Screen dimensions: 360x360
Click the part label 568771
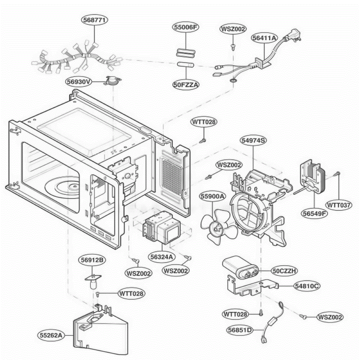[x=94, y=20]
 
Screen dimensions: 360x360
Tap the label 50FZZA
[x=186, y=85]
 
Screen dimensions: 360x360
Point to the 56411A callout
[x=264, y=38]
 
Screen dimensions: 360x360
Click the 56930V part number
[x=79, y=82]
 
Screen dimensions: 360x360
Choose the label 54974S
[x=253, y=140]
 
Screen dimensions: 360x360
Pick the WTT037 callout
[x=338, y=205]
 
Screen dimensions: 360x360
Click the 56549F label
[x=314, y=213]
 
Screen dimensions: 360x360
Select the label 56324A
[x=162, y=257]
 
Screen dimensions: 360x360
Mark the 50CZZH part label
[x=284, y=271]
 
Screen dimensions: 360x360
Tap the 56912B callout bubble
[x=92, y=260]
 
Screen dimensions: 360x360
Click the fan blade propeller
[x=219, y=227]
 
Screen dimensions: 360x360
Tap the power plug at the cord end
[x=295, y=35]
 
